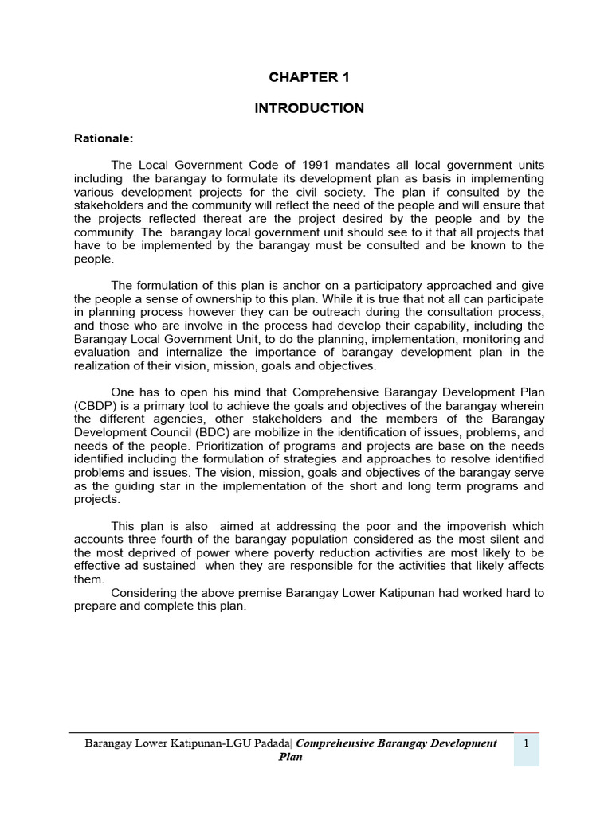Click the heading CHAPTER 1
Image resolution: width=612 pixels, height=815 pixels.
(309, 77)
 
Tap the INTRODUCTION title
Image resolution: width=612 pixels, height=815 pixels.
(309, 108)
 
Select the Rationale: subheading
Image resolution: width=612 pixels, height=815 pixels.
(103, 138)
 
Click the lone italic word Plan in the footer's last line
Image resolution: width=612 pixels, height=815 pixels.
(290, 757)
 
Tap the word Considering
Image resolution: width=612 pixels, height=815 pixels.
(145, 593)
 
